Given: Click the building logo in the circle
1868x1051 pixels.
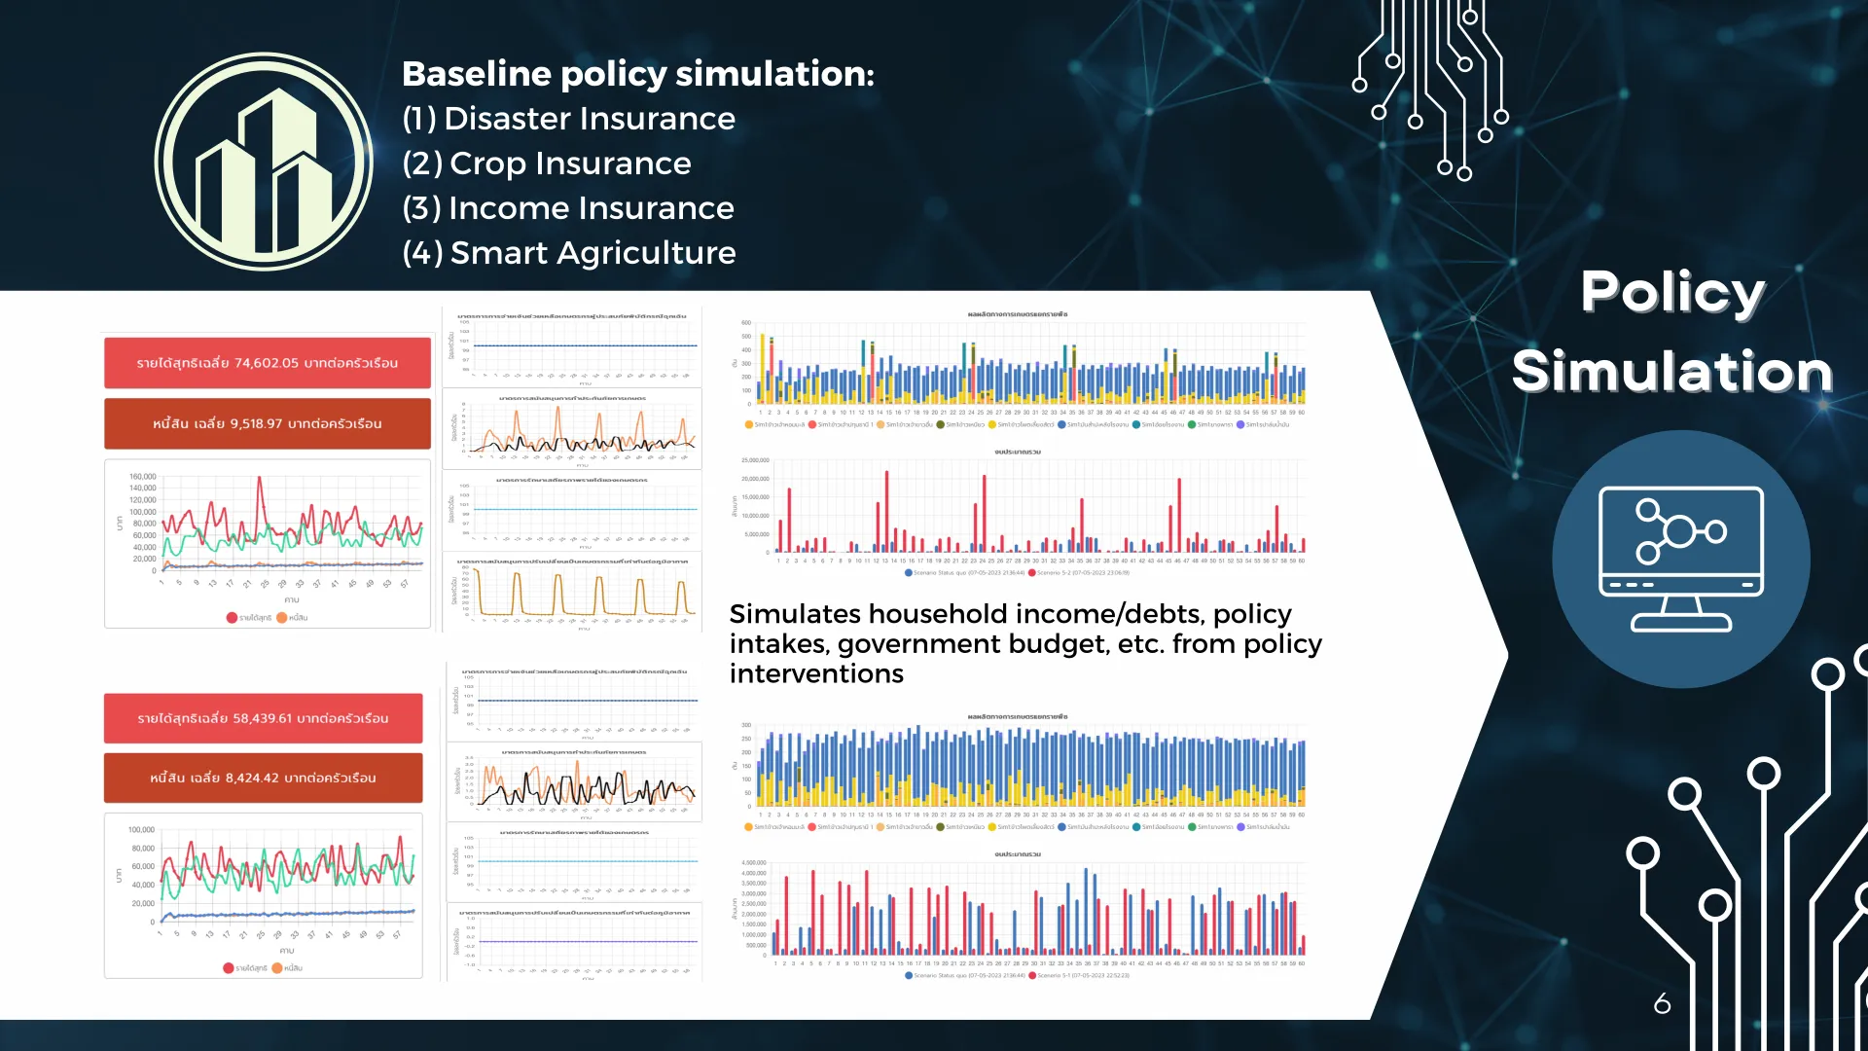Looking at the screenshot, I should pos(264,162).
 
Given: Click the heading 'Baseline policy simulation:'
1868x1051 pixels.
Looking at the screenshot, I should pos(638,74).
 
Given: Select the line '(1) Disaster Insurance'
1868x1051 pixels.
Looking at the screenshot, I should pos(568,119).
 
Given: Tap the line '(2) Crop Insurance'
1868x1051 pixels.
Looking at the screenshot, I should pos(547,163).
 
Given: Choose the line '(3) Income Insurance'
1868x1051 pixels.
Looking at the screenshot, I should pos(568,208).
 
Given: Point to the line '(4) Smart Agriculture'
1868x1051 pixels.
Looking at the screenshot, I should pos(569,253).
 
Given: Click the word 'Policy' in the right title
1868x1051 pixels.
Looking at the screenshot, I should pos(1672,291).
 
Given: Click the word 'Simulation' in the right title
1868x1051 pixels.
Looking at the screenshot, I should pos(1672,372).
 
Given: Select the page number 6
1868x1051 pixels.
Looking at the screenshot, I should pos(1662,1003).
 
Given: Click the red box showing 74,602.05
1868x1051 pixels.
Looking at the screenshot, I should pos(268,363).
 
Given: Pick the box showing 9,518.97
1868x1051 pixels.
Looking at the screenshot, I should pos(268,423).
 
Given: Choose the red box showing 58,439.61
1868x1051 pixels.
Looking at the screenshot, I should pos(264,718).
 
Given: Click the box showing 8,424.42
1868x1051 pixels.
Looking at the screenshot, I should pos(264,778).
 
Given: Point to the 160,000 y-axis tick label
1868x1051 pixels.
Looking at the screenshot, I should pos(142,477).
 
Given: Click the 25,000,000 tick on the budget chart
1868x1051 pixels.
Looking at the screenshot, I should pos(755,460).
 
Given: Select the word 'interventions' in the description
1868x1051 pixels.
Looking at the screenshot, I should pos(816,673).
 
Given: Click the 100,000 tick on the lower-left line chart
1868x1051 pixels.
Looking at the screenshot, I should pos(141,830).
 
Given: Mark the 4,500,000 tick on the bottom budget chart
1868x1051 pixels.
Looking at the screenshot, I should pos(754,863).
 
